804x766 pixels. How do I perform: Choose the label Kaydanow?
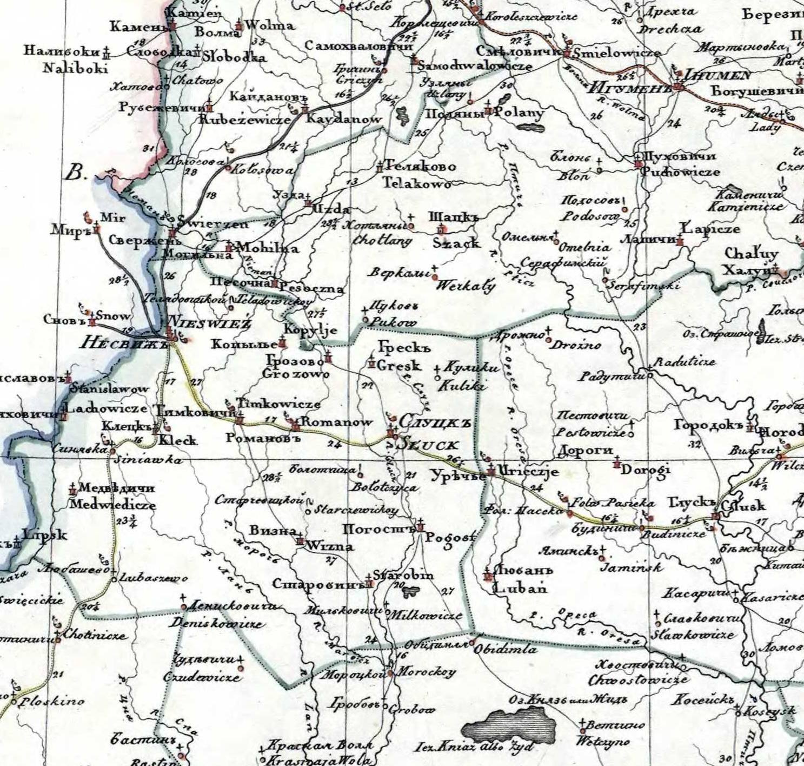344,119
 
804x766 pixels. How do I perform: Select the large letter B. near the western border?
76,174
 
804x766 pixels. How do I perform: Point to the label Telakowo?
417,184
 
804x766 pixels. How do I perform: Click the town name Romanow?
337,422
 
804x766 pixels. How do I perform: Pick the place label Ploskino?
52,702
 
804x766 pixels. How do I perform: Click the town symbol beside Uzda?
308,203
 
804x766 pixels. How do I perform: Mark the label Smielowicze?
616,53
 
